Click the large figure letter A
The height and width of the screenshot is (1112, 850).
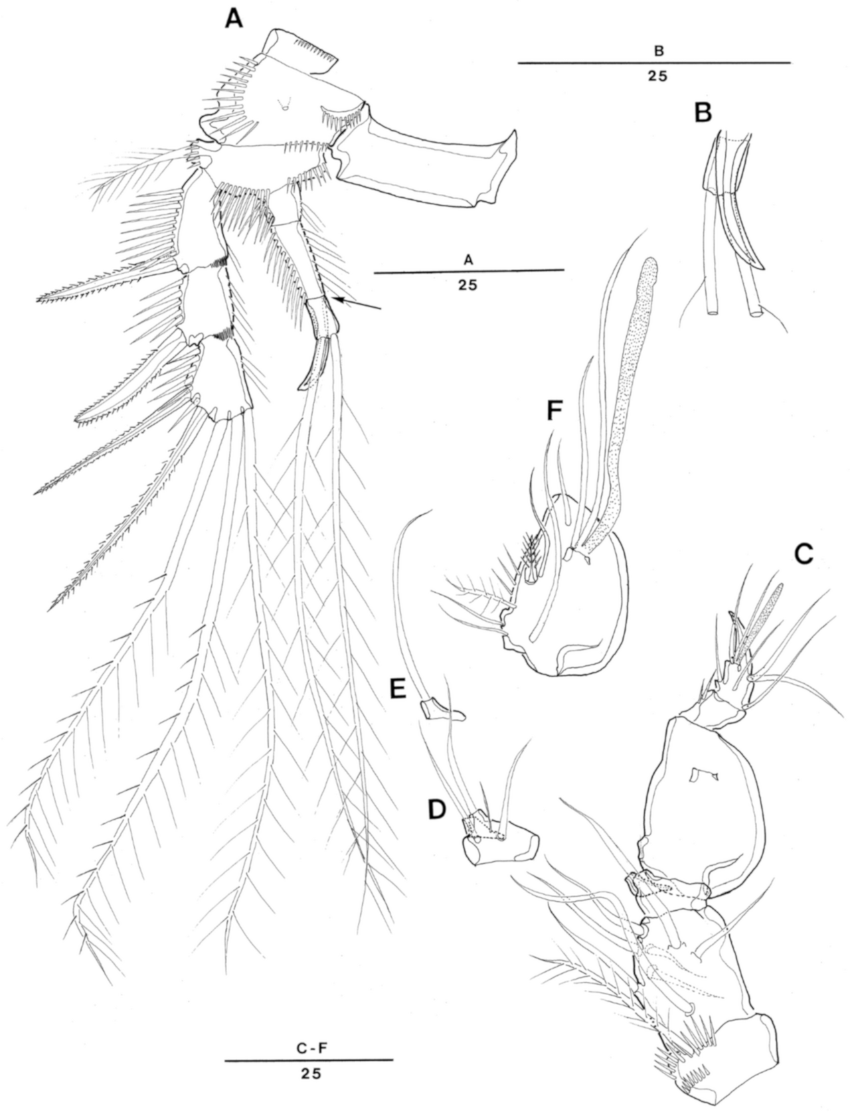234,21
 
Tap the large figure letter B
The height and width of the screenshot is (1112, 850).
704,114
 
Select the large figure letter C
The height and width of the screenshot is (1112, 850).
804,555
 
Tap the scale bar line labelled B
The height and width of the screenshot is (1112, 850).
654,63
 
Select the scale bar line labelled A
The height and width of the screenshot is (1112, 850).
469,270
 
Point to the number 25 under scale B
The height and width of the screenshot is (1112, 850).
657,76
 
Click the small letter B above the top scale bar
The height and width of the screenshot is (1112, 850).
659,50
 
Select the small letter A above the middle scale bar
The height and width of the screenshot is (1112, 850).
469,260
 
